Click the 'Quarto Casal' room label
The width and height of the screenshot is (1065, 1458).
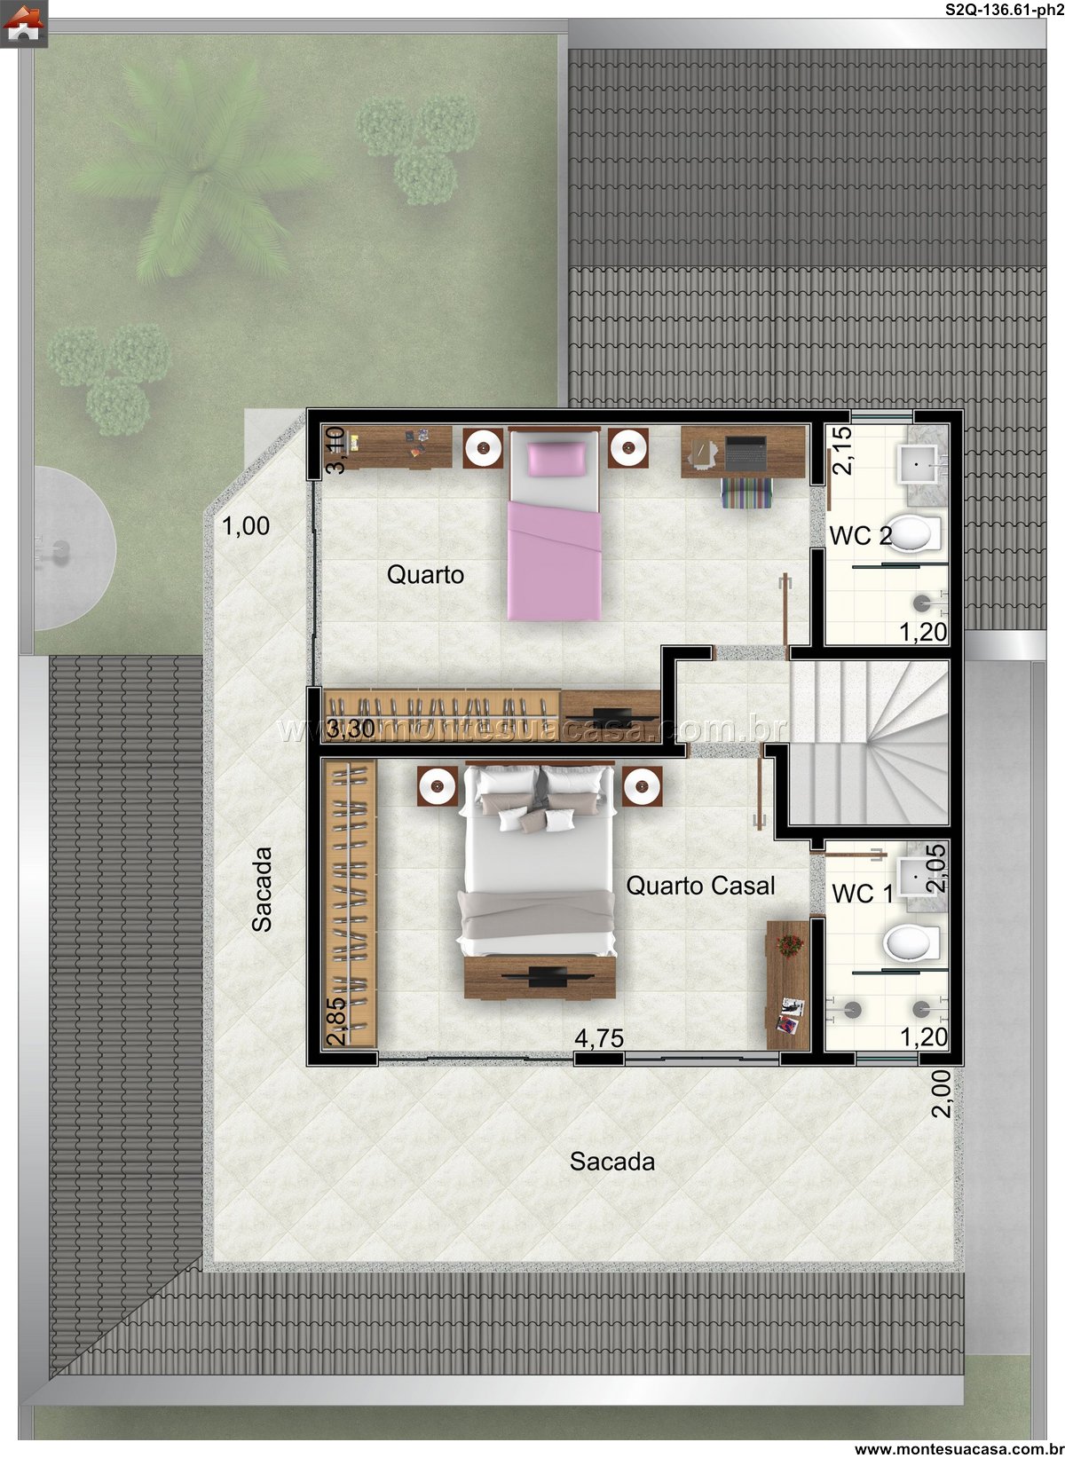point(700,886)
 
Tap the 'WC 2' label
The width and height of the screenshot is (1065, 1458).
point(860,536)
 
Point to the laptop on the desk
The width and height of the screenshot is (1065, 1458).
point(745,453)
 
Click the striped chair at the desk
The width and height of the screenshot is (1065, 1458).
point(745,493)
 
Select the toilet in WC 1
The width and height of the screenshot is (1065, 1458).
point(911,943)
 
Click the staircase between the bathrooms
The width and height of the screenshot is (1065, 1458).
point(868,743)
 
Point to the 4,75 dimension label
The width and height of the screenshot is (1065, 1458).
point(599,1038)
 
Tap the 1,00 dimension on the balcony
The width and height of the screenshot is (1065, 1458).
point(246,526)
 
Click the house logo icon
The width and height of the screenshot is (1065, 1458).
point(23,23)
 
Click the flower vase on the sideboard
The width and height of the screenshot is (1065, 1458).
point(789,945)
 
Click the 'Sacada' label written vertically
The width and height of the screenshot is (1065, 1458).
point(262,889)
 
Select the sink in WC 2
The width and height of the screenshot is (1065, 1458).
point(919,464)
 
